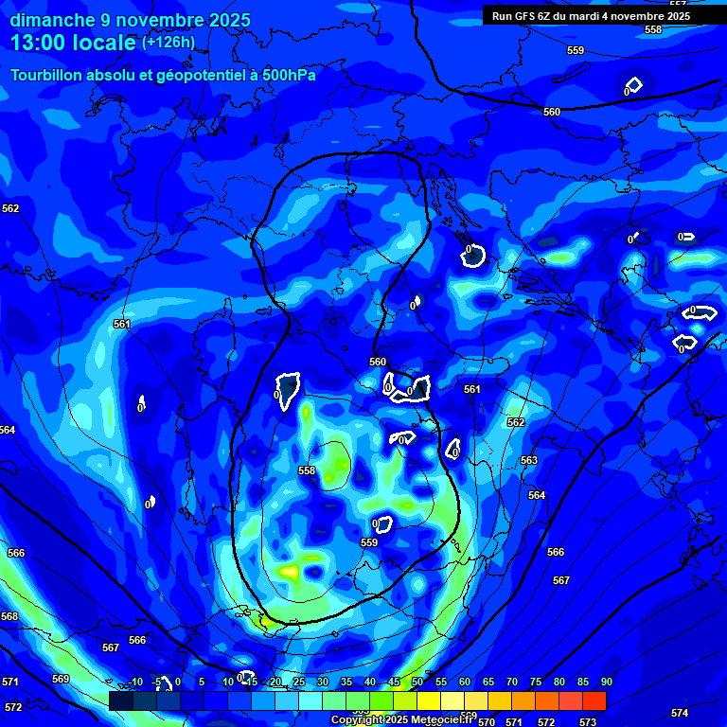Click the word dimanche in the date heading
click(x=52, y=20)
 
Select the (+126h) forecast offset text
click(x=168, y=42)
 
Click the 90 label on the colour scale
click(x=606, y=682)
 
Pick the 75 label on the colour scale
click(x=535, y=682)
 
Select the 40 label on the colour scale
click(x=369, y=682)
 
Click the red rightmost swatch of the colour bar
click(x=594, y=700)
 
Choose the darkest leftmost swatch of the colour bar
click(x=120, y=700)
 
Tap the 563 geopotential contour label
click(x=529, y=460)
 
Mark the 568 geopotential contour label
click(x=9, y=616)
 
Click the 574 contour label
click(x=680, y=713)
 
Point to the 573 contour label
click(x=588, y=722)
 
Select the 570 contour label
click(x=487, y=722)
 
